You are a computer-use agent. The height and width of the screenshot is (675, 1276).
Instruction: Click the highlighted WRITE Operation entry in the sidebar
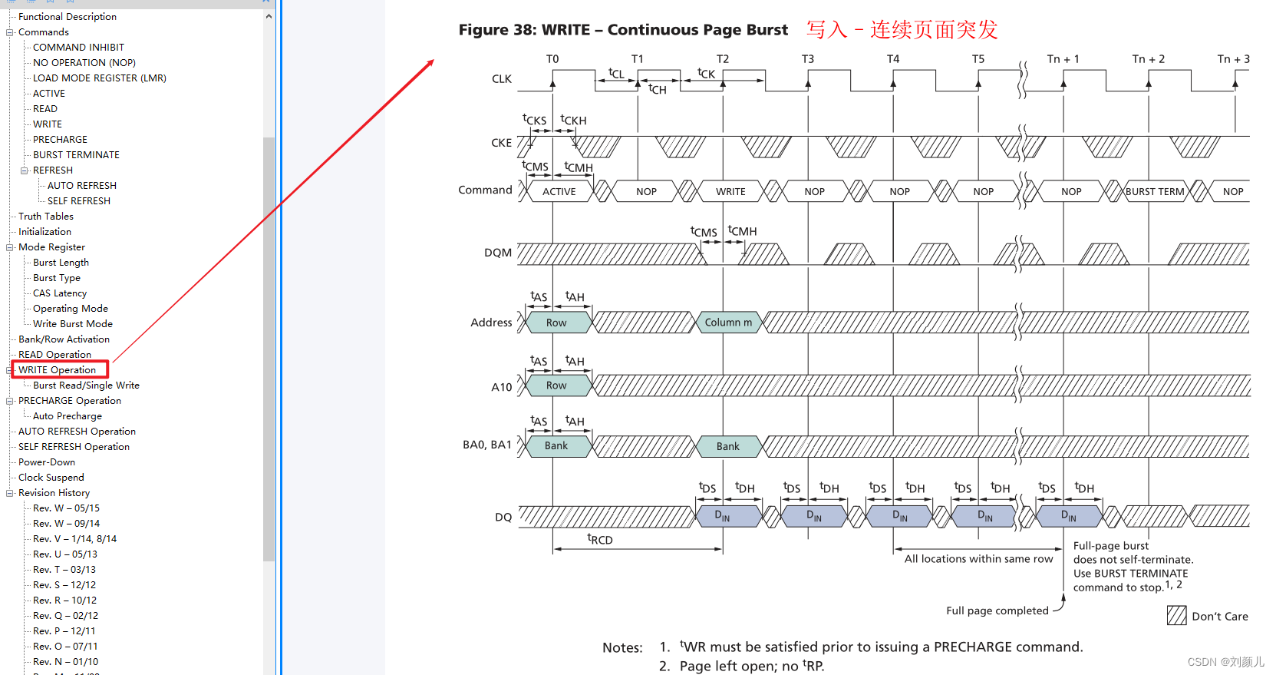58,370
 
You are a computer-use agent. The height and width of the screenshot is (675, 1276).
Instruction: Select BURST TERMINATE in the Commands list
76,155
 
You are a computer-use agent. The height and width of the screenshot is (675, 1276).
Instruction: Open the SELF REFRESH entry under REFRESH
78,201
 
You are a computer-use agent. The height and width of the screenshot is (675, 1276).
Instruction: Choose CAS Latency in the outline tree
60,293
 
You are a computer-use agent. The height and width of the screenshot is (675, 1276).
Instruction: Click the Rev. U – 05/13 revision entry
64,554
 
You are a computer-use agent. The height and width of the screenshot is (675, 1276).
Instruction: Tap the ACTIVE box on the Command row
559,191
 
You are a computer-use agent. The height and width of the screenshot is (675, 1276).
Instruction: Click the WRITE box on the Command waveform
730,191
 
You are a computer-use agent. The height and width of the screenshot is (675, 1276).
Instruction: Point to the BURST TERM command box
1155,191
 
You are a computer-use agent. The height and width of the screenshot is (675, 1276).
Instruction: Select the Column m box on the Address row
728,323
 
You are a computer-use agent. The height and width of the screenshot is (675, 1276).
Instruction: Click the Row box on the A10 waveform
556,385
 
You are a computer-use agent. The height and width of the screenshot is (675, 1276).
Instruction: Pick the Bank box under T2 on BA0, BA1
727,446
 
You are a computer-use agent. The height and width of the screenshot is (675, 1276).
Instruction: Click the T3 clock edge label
808,59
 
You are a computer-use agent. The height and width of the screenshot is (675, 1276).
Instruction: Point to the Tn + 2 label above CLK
1148,59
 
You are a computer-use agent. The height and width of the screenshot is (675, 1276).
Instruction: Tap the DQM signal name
498,253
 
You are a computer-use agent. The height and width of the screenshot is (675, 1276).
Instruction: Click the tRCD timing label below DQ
600,540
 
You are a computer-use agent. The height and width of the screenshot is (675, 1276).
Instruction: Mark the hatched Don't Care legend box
1176,615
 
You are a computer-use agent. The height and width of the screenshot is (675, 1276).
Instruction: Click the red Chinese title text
902,30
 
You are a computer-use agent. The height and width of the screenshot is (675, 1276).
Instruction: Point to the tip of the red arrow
434,61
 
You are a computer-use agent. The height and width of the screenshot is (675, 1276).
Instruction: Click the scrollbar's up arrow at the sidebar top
269,16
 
